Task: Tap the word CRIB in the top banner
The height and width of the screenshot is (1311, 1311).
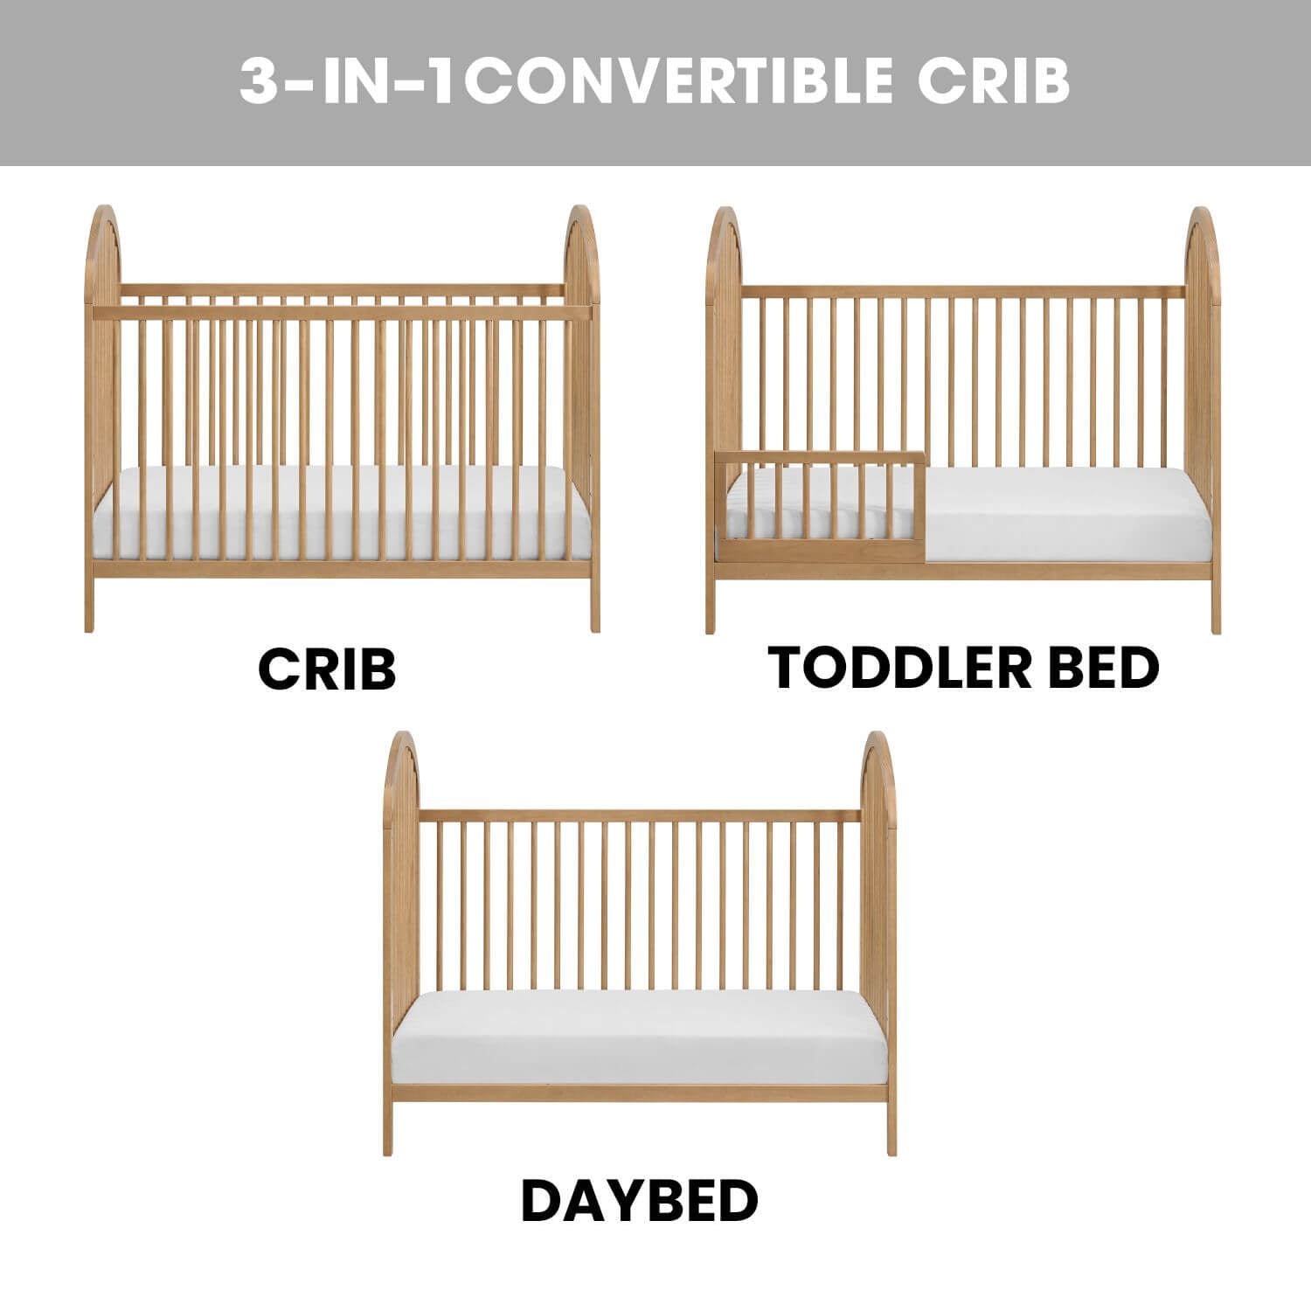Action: point(994,81)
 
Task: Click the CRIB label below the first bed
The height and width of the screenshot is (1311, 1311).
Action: point(327,669)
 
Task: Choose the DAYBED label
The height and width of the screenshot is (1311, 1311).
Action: point(639,1201)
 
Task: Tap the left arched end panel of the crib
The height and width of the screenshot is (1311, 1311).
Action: point(101,350)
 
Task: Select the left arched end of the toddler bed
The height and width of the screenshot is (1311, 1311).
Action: point(724,350)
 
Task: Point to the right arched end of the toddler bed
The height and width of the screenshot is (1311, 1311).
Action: point(1203,350)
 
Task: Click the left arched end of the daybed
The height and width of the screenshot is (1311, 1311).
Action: point(401,874)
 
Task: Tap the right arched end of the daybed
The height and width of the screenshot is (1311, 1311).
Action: point(879,874)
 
